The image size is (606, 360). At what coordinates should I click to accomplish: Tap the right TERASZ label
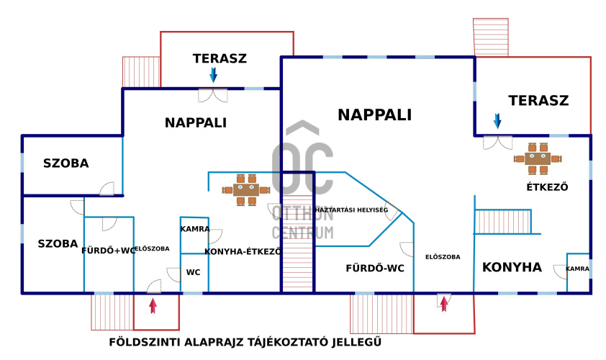(x=538, y=101)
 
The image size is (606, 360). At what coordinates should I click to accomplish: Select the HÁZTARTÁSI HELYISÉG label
(x=352, y=210)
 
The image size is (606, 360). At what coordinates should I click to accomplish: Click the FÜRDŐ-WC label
(x=375, y=269)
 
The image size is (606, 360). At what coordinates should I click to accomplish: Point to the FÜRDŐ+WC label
(x=108, y=251)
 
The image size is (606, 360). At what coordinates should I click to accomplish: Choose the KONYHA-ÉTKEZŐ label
(x=243, y=252)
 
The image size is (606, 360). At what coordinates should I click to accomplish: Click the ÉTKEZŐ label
(x=548, y=188)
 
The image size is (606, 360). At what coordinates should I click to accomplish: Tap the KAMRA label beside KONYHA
(x=577, y=269)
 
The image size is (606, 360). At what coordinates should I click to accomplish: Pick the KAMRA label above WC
(x=195, y=229)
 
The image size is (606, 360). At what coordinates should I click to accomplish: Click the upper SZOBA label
(x=65, y=163)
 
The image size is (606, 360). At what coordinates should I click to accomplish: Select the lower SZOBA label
(x=58, y=244)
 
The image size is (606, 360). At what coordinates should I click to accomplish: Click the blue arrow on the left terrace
(x=213, y=75)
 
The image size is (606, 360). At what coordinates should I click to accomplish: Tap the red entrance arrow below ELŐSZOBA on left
(x=153, y=305)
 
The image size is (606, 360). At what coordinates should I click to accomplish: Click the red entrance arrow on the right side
(x=444, y=304)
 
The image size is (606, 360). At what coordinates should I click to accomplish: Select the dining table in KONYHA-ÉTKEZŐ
(x=245, y=190)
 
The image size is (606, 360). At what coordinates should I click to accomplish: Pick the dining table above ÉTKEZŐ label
(x=538, y=158)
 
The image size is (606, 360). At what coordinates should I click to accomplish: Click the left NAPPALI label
(x=196, y=123)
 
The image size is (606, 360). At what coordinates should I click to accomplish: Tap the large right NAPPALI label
(x=374, y=114)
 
